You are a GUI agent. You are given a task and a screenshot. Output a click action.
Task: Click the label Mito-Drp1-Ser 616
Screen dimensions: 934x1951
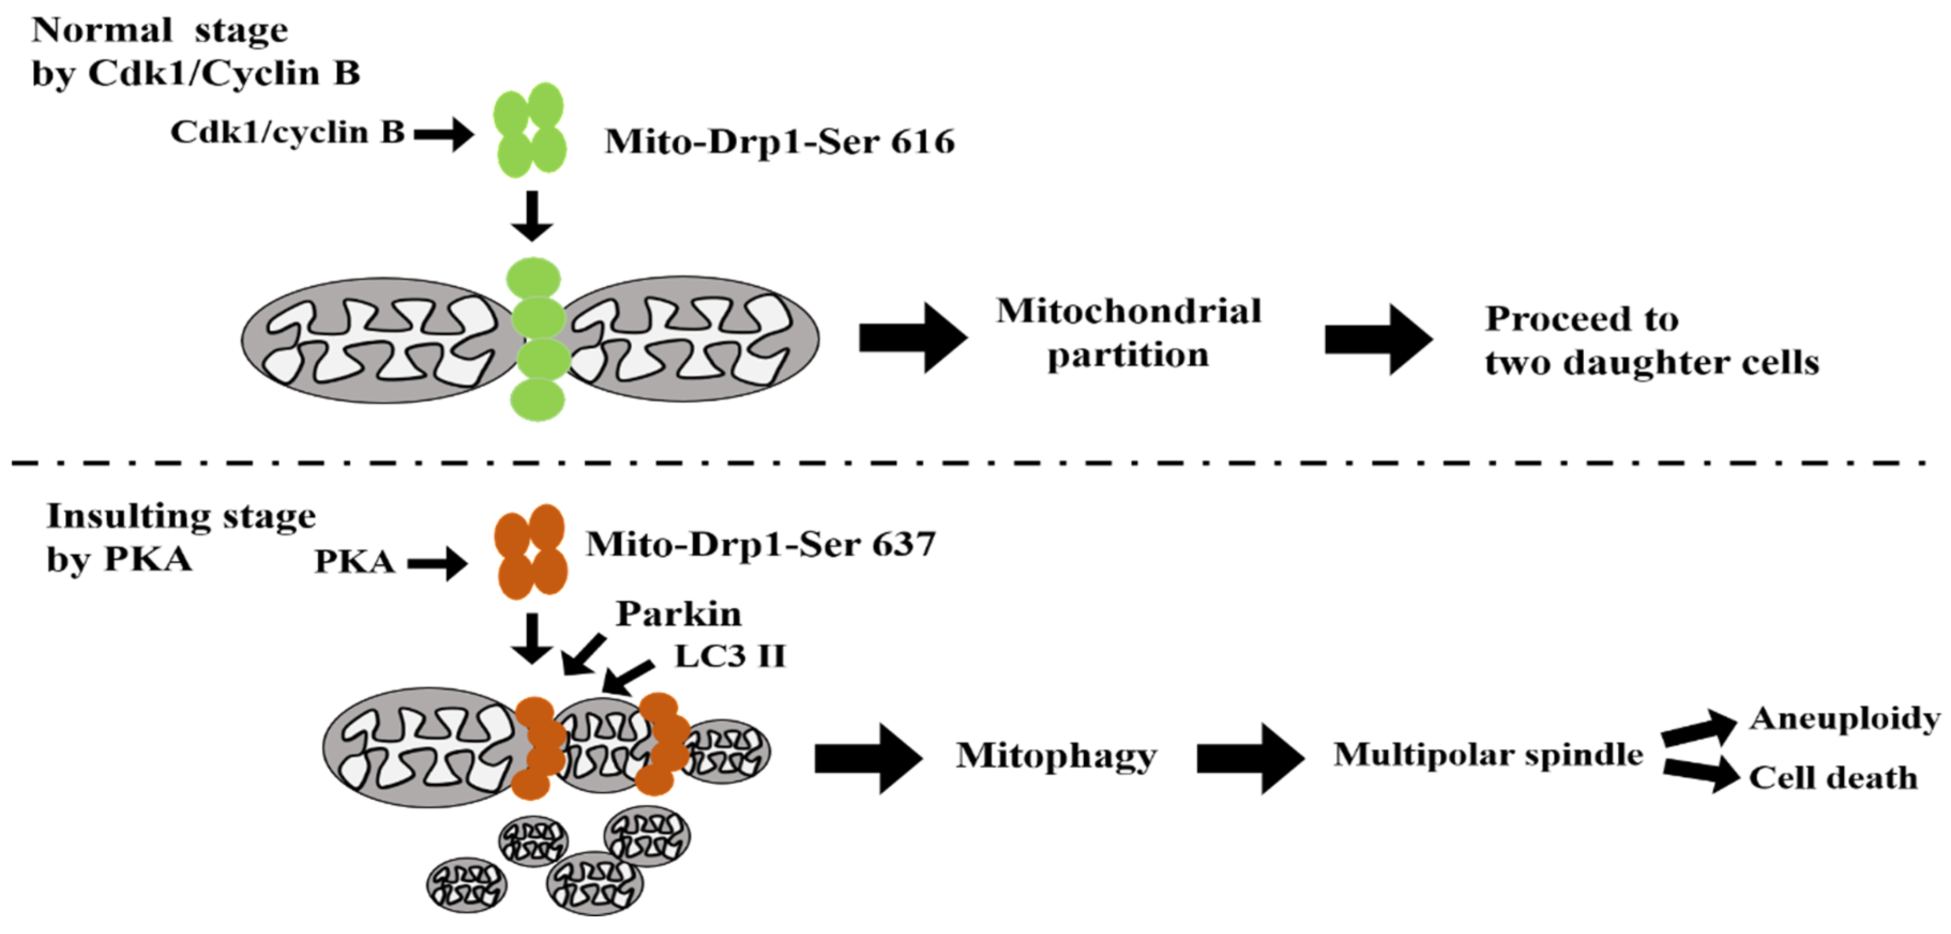click(780, 142)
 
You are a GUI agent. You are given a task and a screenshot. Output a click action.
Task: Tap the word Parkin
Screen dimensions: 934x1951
click(678, 613)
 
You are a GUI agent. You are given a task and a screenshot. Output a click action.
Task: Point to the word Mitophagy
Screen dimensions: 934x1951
click(1056, 755)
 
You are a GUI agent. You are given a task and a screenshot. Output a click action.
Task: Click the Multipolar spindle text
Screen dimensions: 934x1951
click(1488, 755)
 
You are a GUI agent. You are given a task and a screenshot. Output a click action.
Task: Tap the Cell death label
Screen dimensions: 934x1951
click(1833, 777)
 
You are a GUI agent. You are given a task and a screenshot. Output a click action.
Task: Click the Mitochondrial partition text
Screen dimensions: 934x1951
click(1129, 333)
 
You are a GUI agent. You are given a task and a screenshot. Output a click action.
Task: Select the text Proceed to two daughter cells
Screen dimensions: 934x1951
click(1651, 341)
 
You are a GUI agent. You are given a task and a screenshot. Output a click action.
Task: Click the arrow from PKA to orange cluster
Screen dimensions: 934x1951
click(438, 564)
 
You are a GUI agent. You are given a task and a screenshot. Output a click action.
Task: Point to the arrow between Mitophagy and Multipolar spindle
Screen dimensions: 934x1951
click(1250, 757)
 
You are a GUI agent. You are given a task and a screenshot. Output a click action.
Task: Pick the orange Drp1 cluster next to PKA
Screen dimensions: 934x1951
click(530, 552)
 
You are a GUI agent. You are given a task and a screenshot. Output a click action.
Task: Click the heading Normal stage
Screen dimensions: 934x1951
click(160, 31)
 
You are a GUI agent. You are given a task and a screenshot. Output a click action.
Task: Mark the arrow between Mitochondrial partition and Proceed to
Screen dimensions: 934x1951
click(1379, 339)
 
